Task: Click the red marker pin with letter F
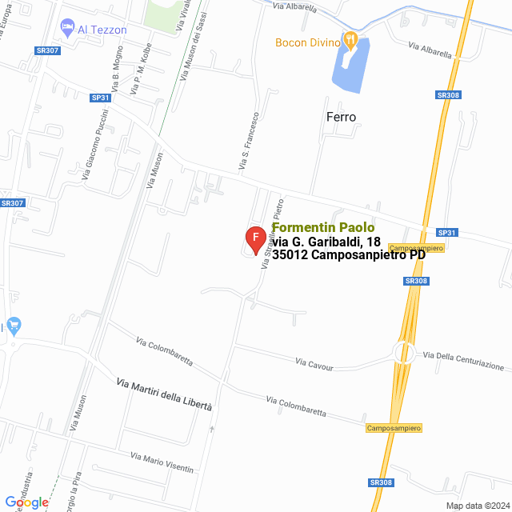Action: point(255,239)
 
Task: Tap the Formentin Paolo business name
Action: point(323,227)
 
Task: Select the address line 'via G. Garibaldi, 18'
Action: point(326,242)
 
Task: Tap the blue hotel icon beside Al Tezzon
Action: point(68,29)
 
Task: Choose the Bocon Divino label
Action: point(308,42)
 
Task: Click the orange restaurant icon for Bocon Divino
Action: point(350,38)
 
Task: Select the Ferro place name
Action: point(341,117)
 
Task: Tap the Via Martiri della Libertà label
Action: point(164,394)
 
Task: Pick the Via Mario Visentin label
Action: point(162,462)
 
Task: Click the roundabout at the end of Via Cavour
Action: point(404,353)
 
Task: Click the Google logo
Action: point(26,502)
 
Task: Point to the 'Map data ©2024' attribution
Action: point(477,505)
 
